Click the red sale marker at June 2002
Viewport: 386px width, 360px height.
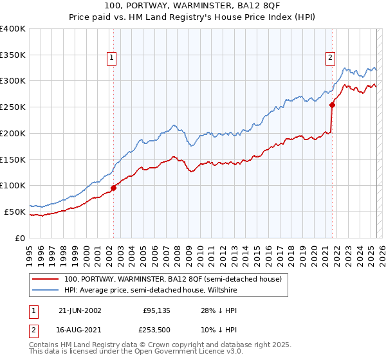pos(114,188)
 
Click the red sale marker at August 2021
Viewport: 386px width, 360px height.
pos(333,105)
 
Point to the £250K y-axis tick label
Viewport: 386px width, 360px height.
pos(13,107)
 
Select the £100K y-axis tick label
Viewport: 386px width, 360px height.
pos(13,186)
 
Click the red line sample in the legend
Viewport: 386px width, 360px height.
pos(46,280)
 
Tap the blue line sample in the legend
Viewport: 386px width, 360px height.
pos(46,291)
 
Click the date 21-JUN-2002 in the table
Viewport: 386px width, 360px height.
pos(80,310)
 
